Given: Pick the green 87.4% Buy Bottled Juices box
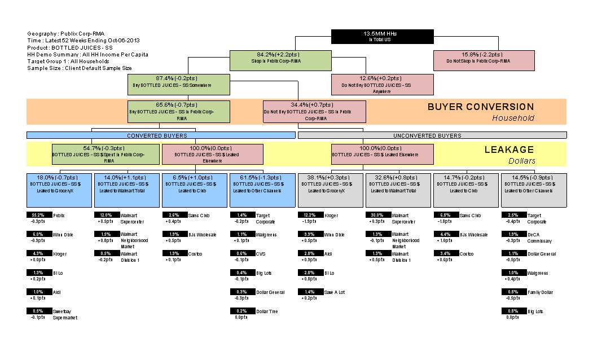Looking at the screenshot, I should pos(179,85).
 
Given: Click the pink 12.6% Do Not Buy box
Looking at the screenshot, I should pos(382,85).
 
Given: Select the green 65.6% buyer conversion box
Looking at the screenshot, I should pos(179,112).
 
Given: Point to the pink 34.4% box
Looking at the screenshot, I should pos(314,112).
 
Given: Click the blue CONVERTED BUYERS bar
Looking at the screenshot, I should pos(161,135).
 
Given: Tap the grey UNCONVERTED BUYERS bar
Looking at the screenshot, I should pos(432,135).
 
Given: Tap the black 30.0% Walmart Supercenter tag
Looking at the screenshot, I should pos(377,216).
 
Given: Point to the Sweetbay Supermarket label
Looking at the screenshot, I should pos(65,314).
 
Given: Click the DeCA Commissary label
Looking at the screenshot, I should pos(539,238).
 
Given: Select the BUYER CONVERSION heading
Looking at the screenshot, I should pos(480,107).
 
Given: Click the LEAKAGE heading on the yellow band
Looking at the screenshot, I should pos(509,150).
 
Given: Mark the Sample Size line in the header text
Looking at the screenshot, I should pos(79,68).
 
